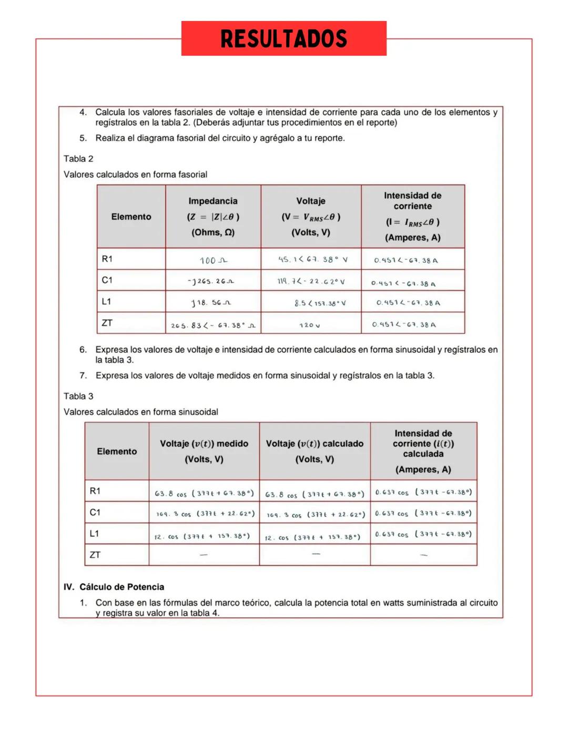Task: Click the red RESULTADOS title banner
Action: (283, 38)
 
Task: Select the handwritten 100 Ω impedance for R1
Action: (213, 260)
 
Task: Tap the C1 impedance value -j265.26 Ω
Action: (211, 281)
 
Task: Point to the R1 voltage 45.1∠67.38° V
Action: (312, 260)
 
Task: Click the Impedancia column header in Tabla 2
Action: (213, 216)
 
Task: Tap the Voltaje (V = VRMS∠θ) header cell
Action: (311, 216)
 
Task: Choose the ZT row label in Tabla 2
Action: (107, 323)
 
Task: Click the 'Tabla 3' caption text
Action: (78, 396)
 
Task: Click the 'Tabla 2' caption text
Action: (78, 159)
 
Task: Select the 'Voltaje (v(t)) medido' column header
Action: (204, 451)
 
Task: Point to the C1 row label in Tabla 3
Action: (95, 512)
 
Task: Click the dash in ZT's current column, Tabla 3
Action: (423, 555)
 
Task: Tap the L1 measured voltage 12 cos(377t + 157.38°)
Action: (202, 537)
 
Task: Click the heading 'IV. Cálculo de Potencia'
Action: (114, 587)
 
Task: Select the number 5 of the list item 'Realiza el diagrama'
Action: (83, 138)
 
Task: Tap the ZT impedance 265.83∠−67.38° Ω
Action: (213, 326)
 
